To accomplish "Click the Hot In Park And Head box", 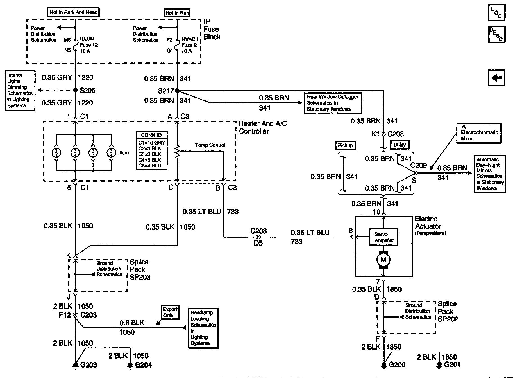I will click(x=73, y=12).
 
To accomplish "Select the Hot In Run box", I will click(x=177, y=13).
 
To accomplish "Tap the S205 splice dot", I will click(x=75, y=90).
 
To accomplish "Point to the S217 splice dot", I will click(x=177, y=91).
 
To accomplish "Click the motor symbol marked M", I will click(x=383, y=259).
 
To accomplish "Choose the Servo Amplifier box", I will click(x=384, y=237).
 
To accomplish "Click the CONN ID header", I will click(x=152, y=135).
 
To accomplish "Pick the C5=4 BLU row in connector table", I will click(x=152, y=166).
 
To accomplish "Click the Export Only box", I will click(x=170, y=312).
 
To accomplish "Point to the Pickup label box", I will click(x=345, y=145).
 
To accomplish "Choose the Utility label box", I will click(x=399, y=145).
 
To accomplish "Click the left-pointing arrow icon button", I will click(x=497, y=78).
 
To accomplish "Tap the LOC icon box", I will click(x=497, y=13).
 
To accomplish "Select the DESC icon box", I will click(x=497, y=34).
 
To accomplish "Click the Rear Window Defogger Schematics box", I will click(x=333, y=103).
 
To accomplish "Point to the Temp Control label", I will click(x=210, y=145).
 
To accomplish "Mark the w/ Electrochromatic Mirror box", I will click(x=479, y=133).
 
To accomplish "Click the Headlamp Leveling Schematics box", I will click(x=203, y=328).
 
